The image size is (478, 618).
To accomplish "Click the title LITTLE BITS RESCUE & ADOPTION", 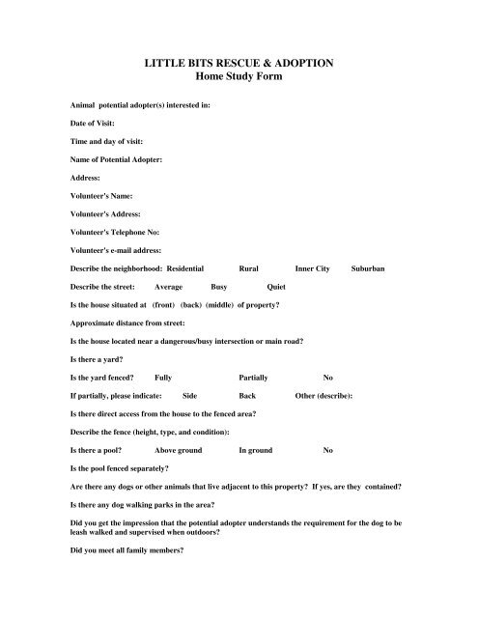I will (238, 62).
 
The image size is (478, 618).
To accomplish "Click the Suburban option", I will (368, 267).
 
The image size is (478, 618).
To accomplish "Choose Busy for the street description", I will (221, 287).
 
